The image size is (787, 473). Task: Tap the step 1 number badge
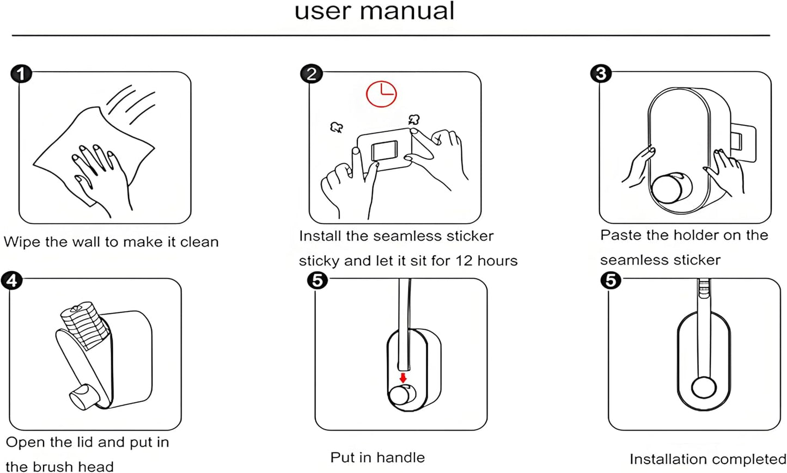pyautogui.click(x=21, y=73)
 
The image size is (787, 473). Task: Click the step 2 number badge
pyautogui.click(x=312, y=73)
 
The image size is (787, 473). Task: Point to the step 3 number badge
pyautogui.click(x=601, y=73)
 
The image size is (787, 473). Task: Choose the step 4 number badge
pyautogui.click(x=12, y=281)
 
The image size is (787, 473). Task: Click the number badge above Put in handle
pyautogui.click(x=318, y=281)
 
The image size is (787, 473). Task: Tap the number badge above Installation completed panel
pyautogui.click(x=611, y=281)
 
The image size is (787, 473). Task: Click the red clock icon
pyautogui.click(x=381, y=94)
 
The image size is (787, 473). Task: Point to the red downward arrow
pyautogui.click(x=403, y=377)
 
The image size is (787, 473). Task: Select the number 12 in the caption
pyautogui.click(x=464, y=261)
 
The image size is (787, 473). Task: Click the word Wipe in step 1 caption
pyautogui.click(x=22, y=242)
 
